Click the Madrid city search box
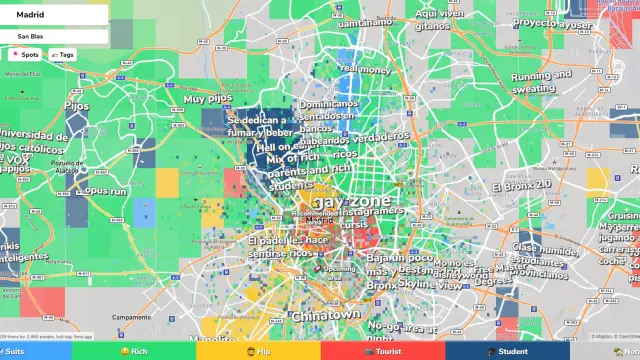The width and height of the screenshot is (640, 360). pos(55,15)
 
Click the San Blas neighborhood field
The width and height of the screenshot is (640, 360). pos(55,36)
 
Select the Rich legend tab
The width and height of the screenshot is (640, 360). pos(135,351)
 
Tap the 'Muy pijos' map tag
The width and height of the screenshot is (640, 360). pos(206,99)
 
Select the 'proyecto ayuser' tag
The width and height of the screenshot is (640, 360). pos(547,22)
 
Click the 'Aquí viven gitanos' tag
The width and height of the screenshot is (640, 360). pos(438,20)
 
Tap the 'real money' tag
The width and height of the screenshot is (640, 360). pos(364,69)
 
